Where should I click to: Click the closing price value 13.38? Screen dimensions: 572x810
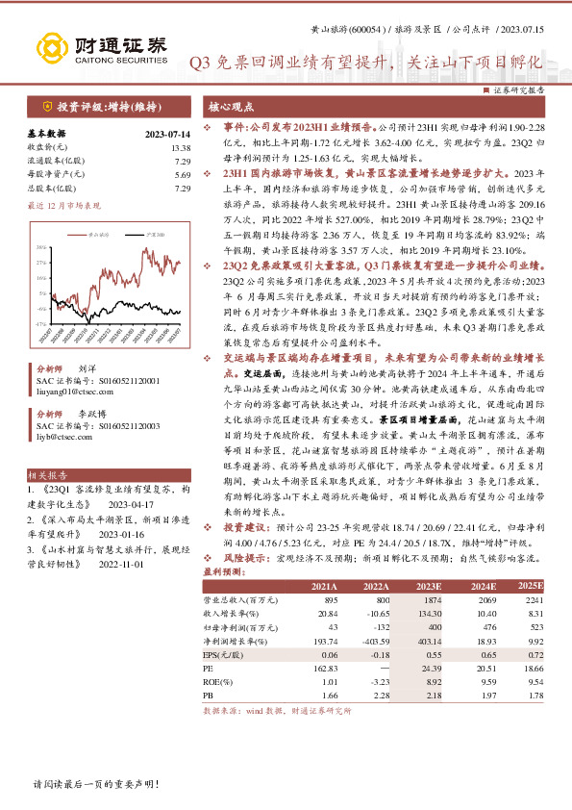coord(180,147)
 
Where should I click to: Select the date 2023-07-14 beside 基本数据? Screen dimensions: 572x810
coord(167,134)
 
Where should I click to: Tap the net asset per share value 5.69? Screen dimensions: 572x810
coord(182,175)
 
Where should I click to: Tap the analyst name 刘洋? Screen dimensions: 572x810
coord(87,368)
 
